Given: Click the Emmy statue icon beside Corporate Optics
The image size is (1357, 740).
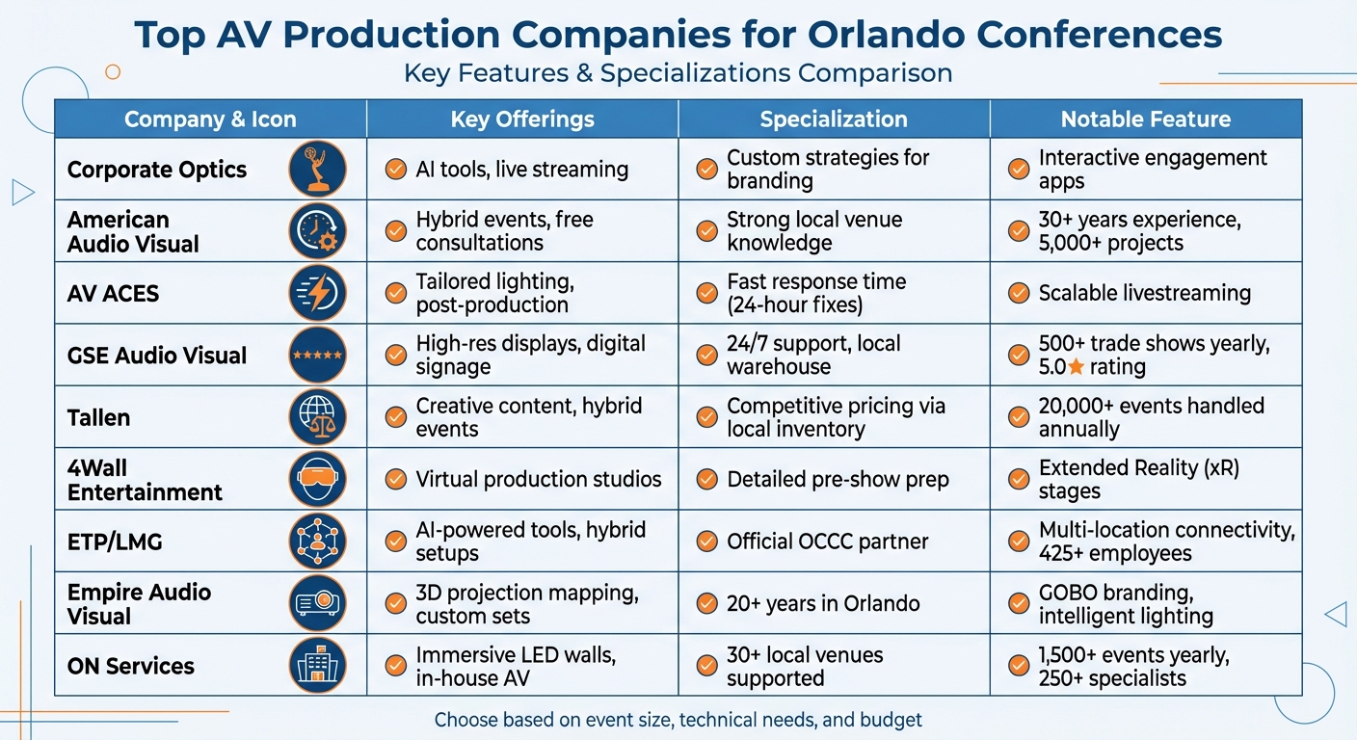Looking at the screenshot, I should [x=317, y=170].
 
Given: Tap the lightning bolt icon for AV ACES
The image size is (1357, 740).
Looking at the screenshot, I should [x=317, y=293].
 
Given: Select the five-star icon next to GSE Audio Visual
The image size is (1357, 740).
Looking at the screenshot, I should [x=317, y=356].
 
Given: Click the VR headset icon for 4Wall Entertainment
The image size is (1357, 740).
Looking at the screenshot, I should [x=317, y=479].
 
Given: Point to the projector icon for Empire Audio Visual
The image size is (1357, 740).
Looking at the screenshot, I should [x=317, y=603].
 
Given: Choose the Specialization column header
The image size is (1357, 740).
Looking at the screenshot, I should [x=834, y=119].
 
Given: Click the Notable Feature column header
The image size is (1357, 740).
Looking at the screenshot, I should [x=1145, y=119].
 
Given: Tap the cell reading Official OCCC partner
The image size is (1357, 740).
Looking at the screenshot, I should [x=827, y=542].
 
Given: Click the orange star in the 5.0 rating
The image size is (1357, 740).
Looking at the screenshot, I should [x=1076, y=367].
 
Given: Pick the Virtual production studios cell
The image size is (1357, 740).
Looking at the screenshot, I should [x=538, y=479].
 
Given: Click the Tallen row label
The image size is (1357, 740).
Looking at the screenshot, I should [x=98, y=417].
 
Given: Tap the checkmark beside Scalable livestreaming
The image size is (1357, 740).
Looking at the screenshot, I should [x=1018, y=293].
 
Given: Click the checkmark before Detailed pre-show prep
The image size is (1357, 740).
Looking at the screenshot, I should [x=706, y=479].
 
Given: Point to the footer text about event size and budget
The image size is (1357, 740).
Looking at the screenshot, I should [x=678, y=720].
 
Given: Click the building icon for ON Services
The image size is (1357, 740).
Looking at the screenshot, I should [x=317, y=665].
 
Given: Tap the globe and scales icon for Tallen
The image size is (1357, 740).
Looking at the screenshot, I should [x=317, y=417].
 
